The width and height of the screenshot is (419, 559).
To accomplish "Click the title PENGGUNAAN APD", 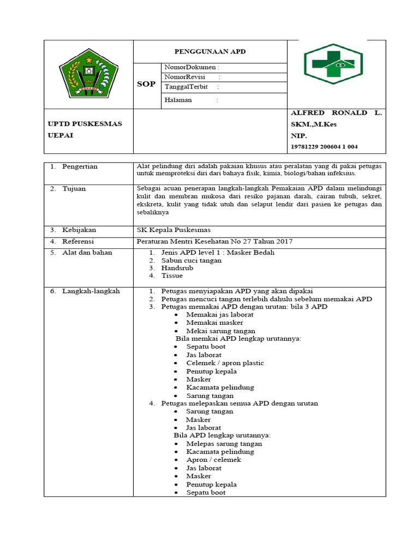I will (x=210, y=51).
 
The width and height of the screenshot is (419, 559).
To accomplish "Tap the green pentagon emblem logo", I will (x=88, y=75).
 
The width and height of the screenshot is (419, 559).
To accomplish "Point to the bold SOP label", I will (x=146, y=84).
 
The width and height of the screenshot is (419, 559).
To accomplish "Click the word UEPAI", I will (x=59, y=135).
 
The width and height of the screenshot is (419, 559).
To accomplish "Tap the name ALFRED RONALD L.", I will (x=337, y=113).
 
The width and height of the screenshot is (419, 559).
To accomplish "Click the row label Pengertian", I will (x=80, y=166).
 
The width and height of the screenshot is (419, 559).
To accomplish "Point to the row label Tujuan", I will (x=74, y=188).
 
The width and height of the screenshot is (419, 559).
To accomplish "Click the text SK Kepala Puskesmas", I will (x=173, y=230).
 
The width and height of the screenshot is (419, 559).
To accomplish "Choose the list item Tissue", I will (x=172, y=276).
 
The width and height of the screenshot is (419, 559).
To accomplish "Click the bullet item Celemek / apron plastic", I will (x=225, y=363).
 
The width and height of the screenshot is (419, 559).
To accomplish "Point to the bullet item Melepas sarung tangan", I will (x=224, y=444).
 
